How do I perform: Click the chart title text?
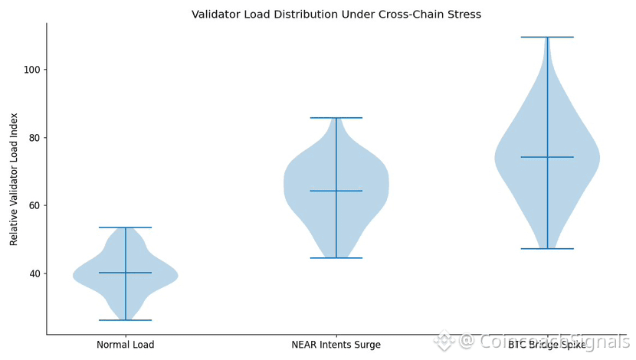(336, 15)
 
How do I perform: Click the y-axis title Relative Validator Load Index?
(14, 178)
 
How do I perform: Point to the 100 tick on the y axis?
(31, 70)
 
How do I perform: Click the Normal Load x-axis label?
(125, 345)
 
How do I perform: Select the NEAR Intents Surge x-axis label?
(336, 345)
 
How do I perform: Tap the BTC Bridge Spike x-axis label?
(546, 345)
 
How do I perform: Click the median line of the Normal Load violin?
(125, 273)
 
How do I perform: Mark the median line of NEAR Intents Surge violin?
(336, 191)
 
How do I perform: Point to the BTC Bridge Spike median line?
(547, 157)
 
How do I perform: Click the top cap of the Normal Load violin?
(125, 227)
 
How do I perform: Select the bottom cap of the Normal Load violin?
(125, 320)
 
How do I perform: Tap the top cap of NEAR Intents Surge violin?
(336, 118)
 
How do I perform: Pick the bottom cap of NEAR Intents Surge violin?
(336, 258)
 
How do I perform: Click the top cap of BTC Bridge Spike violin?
(547, 37)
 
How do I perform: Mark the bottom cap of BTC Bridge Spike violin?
(547, 249)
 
